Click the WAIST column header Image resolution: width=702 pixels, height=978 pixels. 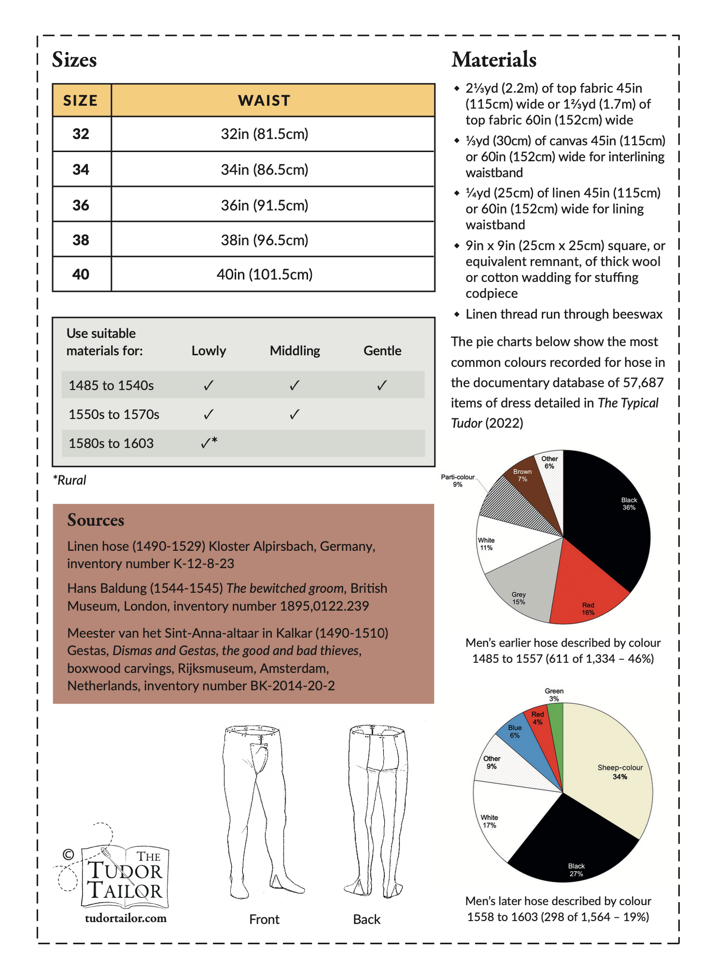click(x=264, y=101)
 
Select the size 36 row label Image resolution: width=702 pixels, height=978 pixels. click(x=81, y=205)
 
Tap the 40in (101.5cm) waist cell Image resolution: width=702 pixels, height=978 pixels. click(x=264, y=275)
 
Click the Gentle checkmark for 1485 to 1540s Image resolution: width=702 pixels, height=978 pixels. click(x=382, y=386)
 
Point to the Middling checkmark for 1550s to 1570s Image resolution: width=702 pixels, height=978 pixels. click(x=294, y=414)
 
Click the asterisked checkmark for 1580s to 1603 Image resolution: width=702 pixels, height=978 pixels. click(x=208, y=443)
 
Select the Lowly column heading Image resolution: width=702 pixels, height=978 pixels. click(x=208, y=351)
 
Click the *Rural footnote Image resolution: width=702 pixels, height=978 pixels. click(x=69, y=480)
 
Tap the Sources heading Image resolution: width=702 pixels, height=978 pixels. click(x=96, y=520)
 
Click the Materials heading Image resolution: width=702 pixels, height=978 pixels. click(x=494, y=60)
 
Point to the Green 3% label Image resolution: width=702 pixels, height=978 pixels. click(x=554, y=694)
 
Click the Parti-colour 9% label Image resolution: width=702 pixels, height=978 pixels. click(x=457, y=480)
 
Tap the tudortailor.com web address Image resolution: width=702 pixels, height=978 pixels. click(x=125, y=918)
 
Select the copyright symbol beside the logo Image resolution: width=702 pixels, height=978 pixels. click(x=68, y=854)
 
